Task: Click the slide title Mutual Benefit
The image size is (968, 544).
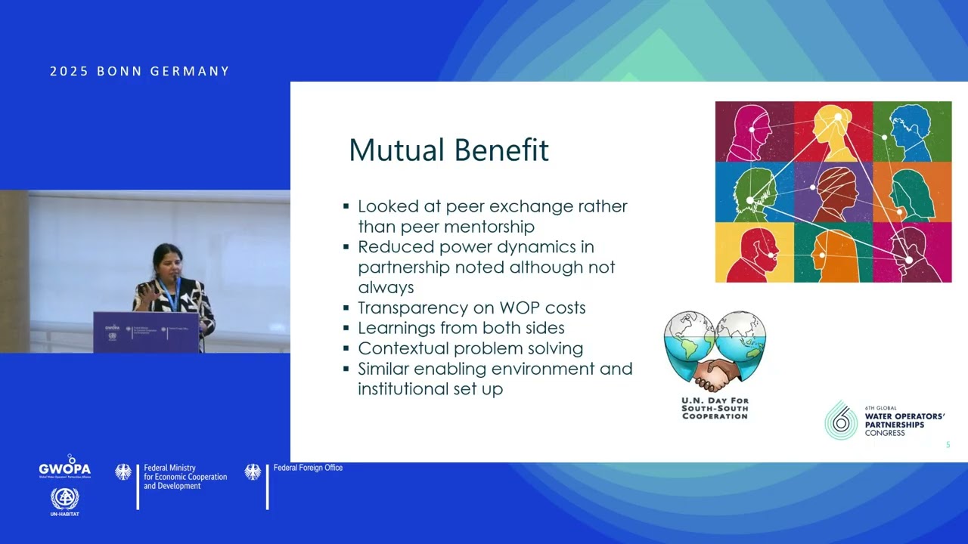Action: [x=448, y=150]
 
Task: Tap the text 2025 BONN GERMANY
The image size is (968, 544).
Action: [x=140, y=71]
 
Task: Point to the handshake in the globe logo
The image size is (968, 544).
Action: [x=714, y=372]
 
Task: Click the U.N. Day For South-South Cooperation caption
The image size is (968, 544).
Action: [x=715, y=408]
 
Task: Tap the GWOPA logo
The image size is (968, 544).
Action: [x=65, y=467]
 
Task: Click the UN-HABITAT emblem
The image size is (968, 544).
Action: [x=65, y=500]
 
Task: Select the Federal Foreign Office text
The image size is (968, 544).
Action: [x=308, y=468]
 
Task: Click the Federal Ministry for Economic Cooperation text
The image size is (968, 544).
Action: [x=185, y=477]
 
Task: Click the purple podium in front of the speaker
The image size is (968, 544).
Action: [x=146, y=332]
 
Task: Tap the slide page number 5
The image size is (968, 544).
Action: [x=948, y=445]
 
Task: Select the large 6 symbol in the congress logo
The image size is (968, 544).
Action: [x=841, y=419]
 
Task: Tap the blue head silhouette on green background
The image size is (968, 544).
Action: [x=911, y=131]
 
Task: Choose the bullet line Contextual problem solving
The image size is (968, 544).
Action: [x=470, y=348]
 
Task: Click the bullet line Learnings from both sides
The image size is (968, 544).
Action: [x=461, y=328]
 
